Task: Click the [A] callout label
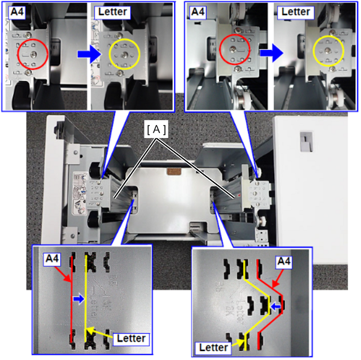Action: point(156,129)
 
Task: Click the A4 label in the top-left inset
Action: point(17,12)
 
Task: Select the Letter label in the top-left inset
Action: point(113,12)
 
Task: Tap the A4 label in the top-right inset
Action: point(198,12)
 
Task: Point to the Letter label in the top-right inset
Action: point(295,12)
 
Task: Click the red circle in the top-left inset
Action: point(18,55)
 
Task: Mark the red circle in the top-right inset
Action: point(220,49)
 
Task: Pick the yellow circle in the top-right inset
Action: point(313,50)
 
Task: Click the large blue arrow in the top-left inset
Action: point(89,54)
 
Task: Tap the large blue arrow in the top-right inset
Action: point(272,53)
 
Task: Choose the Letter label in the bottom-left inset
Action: point(131,338)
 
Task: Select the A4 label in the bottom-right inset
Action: point(284,261)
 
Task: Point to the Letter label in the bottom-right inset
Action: point(214,347)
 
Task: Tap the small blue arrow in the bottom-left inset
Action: point(78,299)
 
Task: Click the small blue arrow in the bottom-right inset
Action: point(276,307)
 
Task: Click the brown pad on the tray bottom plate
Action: point(174,171)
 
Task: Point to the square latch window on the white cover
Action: point(306,141)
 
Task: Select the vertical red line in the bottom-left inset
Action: point(72,299)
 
